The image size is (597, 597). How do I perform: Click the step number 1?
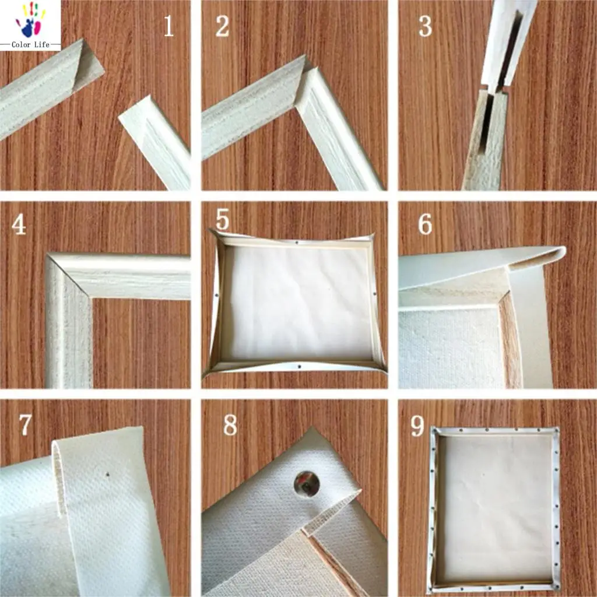168,26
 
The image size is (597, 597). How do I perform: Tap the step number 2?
222,26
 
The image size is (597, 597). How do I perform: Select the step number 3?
425,26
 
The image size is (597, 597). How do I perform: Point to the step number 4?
19,225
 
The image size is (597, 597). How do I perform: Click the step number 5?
223,219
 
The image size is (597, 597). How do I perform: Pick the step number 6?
425,224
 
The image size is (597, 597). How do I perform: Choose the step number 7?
24,426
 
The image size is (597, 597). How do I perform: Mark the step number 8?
230,426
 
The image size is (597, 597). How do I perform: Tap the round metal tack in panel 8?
306,483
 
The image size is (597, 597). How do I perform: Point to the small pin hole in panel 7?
108,475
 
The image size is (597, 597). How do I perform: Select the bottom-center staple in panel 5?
298,367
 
